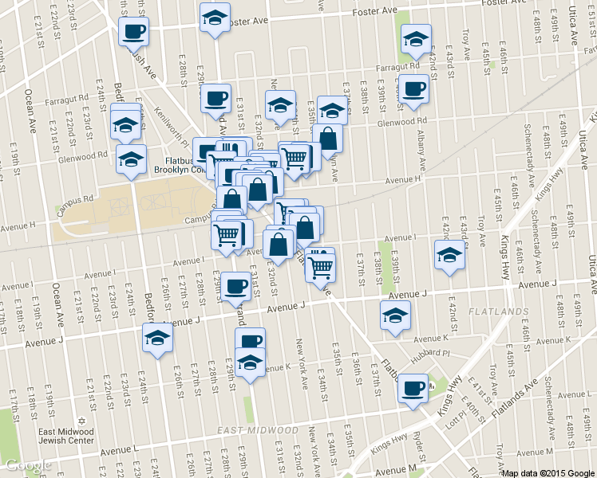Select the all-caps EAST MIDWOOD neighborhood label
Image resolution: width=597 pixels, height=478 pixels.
click(252, 431)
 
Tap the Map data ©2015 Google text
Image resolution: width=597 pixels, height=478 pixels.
click(548, 472)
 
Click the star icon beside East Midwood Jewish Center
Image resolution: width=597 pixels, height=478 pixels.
click(78, 421)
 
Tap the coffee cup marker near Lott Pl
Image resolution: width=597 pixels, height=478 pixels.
click(413, 388)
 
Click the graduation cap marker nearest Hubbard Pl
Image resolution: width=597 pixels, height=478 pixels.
click(395, 315)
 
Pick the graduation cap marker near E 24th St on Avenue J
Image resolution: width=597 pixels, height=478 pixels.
click(157, 337)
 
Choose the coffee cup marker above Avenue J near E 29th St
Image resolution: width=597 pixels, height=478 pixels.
click(235, 285)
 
